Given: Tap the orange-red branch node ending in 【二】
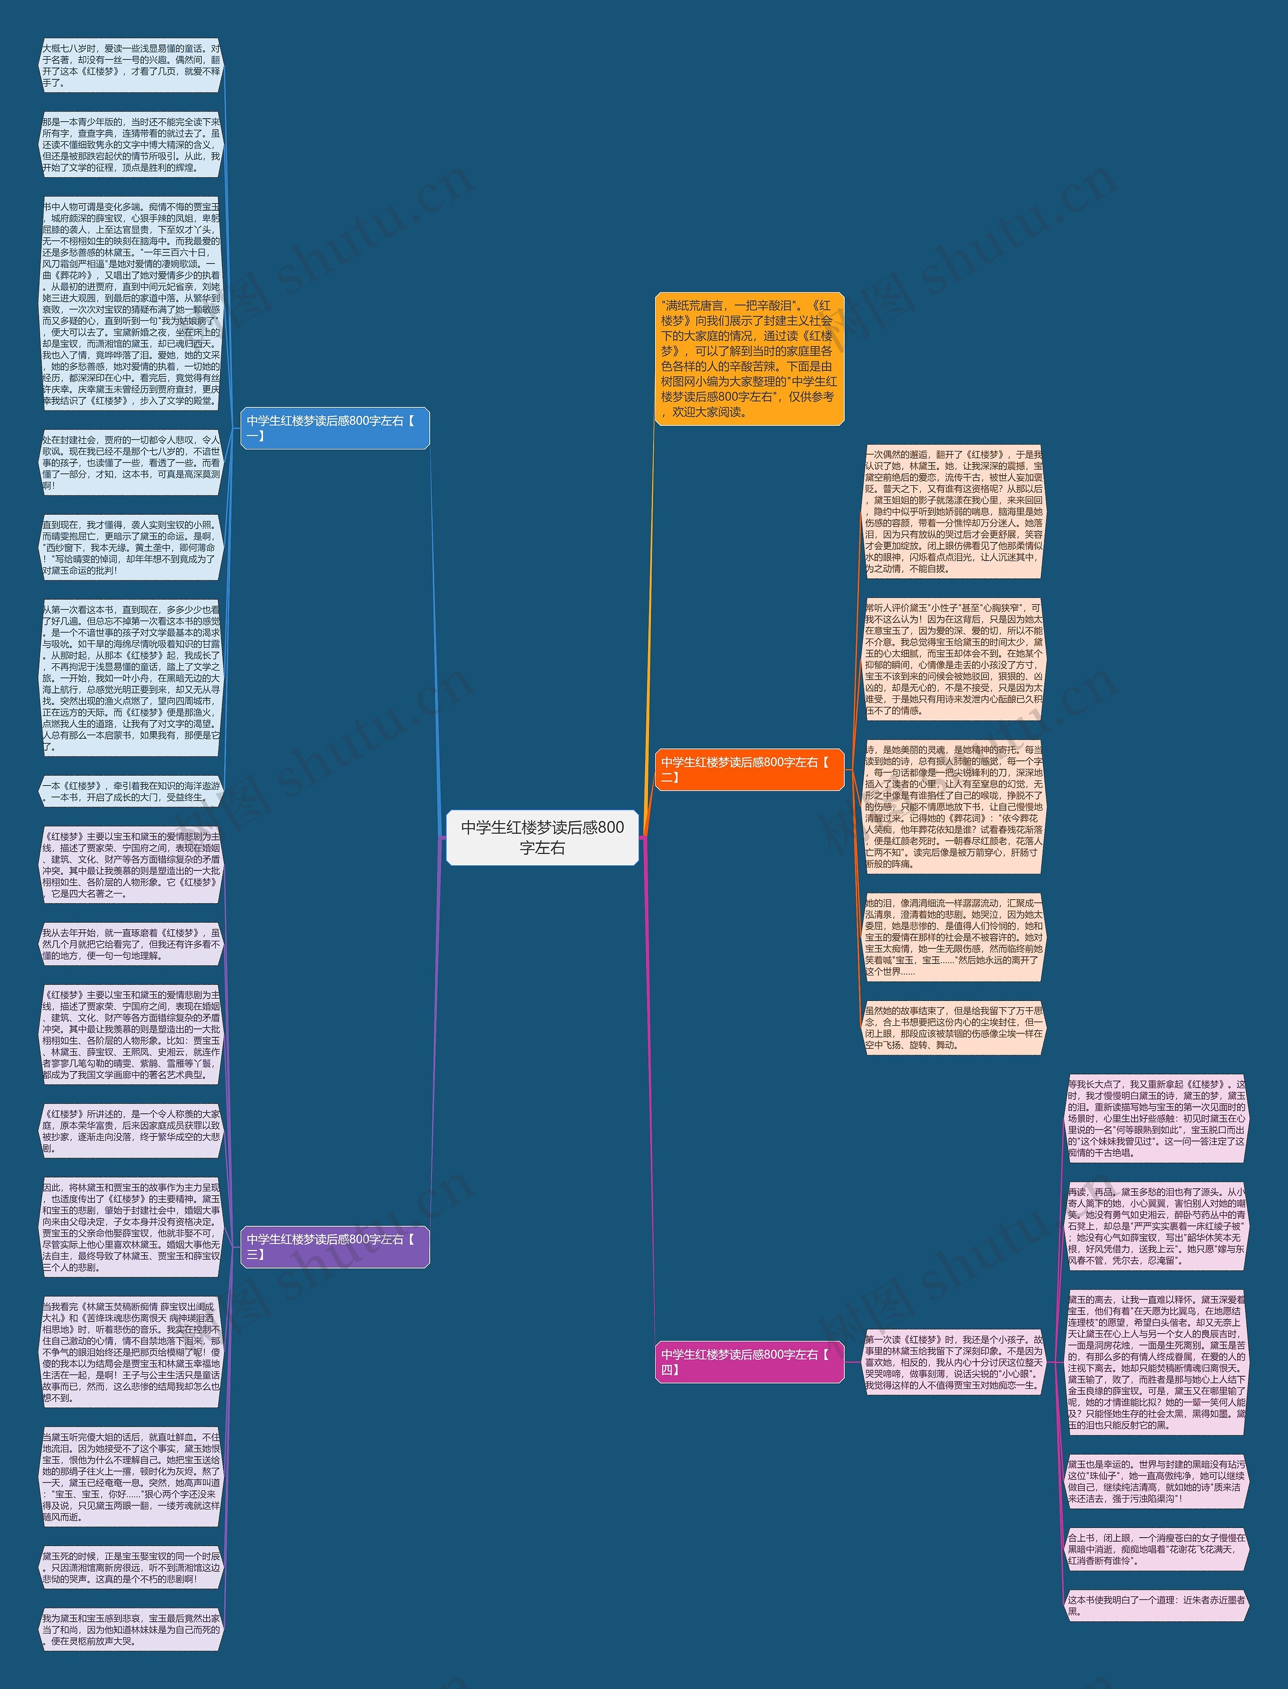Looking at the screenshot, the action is (x=749, y=769).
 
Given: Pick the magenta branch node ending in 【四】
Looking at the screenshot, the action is (x=749, y=1361).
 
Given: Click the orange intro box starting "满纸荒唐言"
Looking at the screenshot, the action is (x=749, y=358).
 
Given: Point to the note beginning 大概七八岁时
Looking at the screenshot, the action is (x=130, y=65).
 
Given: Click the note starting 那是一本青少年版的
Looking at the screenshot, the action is (x=130, y=145).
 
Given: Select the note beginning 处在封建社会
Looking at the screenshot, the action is (x=130, y=463).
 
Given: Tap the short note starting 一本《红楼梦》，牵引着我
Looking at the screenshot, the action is (x=130, y=791).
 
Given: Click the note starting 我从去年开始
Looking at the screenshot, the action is (x=130, y=944).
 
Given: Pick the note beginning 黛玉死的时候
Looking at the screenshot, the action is (x=130, y=1567).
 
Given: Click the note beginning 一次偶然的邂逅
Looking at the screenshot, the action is (x=954, y=511).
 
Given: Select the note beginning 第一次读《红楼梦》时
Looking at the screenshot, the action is (x=954, y=1362).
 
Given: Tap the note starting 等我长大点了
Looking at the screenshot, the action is (x=1156, y=1118).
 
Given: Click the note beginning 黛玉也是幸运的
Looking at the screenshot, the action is (x=1156, y=1481).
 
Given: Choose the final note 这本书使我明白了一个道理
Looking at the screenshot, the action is (x=1156, y=1605).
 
